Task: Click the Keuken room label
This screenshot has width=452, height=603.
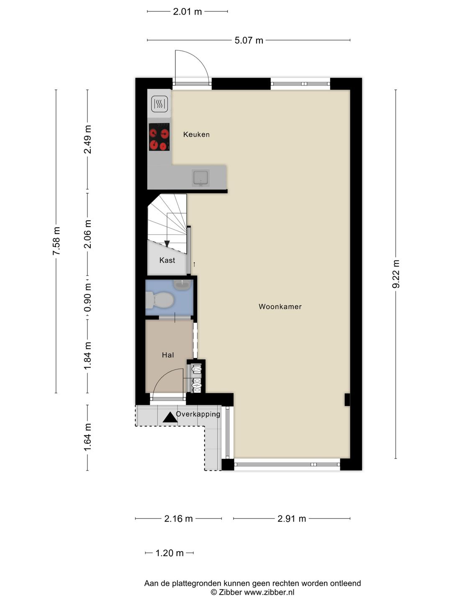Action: (x=196, y=134)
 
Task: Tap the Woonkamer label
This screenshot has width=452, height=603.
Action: (x=280, y=307)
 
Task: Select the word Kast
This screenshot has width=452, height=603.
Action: (x=167, y=260)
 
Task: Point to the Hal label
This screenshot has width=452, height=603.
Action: (x=168, y=355)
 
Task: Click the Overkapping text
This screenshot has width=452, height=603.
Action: (x=198, y=414)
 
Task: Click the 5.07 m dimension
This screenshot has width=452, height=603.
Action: (x=249, y=40)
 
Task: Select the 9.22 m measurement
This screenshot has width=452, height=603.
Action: (x=396, y=274)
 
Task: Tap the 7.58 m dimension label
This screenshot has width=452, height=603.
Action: (x=56, y=241)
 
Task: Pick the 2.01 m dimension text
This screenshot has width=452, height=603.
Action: (x=187, y=12)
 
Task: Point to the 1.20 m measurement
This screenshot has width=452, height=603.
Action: (x=169, y=553)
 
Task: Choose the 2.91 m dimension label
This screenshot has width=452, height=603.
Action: (x=291, y=519)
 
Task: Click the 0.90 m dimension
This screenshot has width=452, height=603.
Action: (x=87, y=298)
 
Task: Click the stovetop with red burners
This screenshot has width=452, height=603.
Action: (x=159, y=137)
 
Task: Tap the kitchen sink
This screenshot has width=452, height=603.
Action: (x=201, y=178)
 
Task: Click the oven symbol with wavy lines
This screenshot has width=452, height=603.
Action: (x=159, y=104)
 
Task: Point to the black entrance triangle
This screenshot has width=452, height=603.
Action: (x=170, y=417)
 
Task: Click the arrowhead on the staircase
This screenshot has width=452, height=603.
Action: (x=167, y=244)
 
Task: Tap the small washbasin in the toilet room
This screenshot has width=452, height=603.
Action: (x=182, y=285)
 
